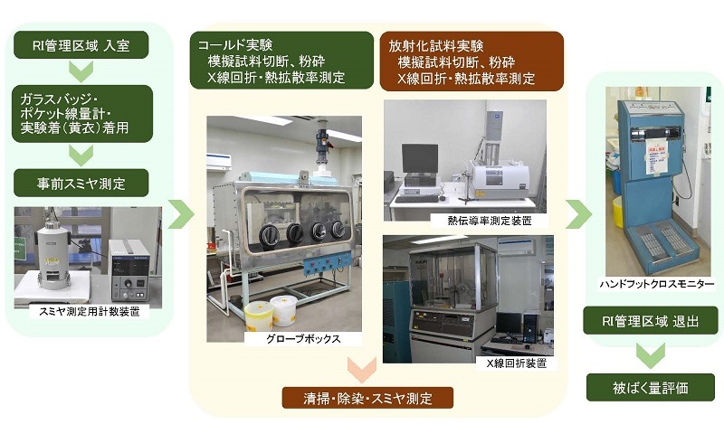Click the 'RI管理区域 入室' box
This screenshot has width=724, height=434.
81,44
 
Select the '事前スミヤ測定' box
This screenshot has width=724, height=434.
81,184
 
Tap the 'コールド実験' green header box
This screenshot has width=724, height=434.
281,60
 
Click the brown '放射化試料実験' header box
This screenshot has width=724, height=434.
472,61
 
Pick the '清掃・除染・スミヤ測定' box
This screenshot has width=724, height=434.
367,398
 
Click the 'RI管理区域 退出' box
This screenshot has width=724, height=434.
650,321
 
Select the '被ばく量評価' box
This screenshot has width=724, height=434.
650,387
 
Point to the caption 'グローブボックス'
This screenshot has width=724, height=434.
303,339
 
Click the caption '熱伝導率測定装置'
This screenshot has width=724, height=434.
490,221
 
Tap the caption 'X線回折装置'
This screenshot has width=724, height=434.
517,363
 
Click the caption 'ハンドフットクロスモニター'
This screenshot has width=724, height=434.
657,284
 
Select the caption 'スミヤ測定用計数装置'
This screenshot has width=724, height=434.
89,312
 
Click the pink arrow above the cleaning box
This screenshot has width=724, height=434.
362,369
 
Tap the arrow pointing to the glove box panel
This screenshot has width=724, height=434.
180,214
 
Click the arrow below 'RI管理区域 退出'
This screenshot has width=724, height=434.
651,355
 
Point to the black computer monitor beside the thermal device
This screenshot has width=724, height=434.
420,159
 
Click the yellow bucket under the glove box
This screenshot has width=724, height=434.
259,316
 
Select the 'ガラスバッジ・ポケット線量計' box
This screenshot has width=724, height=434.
82,113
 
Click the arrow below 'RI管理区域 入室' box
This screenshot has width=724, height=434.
81,71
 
